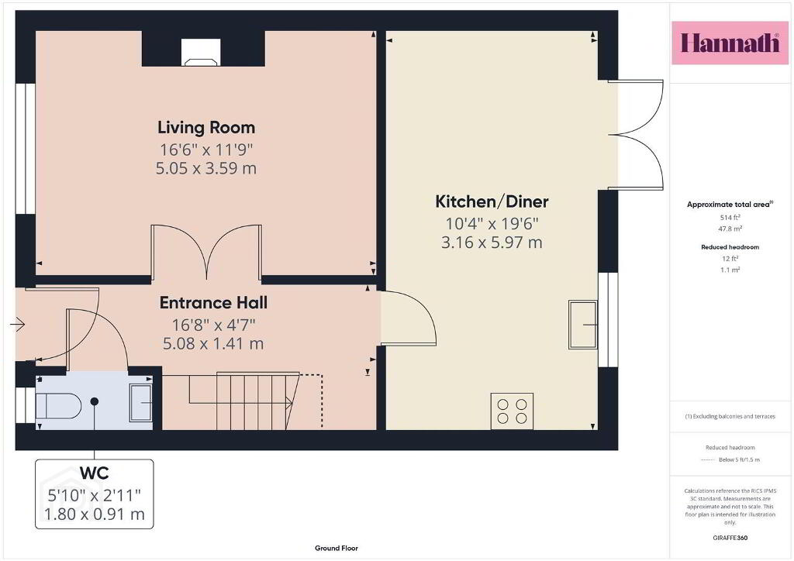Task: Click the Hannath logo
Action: coord(730,43)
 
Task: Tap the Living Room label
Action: coord(206,128)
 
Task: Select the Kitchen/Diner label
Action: coord(492,201)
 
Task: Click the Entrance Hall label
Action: coord(213,302)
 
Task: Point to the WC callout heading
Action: coord(94,473)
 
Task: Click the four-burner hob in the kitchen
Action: coord(512,411)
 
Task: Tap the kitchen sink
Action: coord(583,324)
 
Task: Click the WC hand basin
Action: coord(141,403)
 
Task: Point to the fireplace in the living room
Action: coord(202,53)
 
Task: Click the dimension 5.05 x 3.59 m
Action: coord(206,168)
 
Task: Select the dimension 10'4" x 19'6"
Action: coord(492,223)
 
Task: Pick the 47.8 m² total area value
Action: coord(730,229)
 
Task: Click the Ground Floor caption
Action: coord(337,548)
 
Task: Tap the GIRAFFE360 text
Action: coord(730,538)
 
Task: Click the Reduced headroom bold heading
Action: coord(730,247)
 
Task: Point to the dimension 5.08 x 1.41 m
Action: coord(213,344)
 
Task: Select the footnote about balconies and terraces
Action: coord(730,416)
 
